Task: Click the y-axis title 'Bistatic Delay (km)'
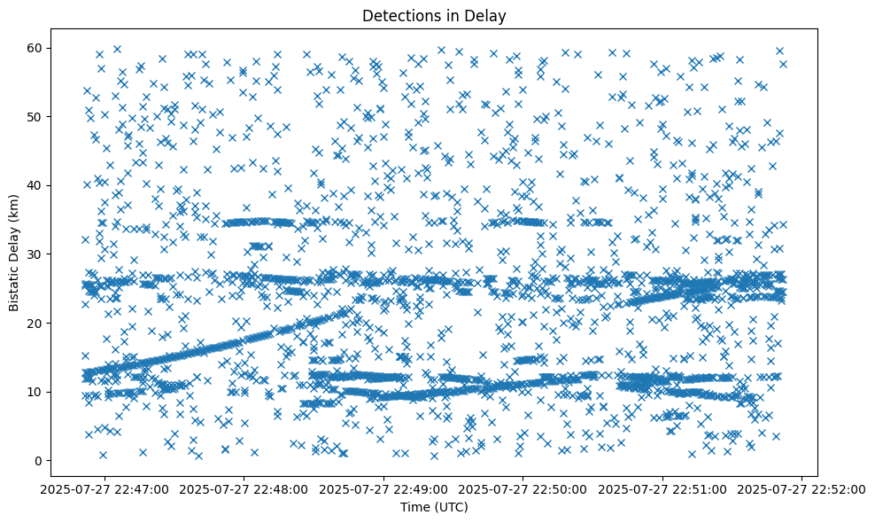pyautogui.click(x=14, y=252)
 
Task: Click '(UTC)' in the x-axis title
pyautogui.click(x=449, y=508)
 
